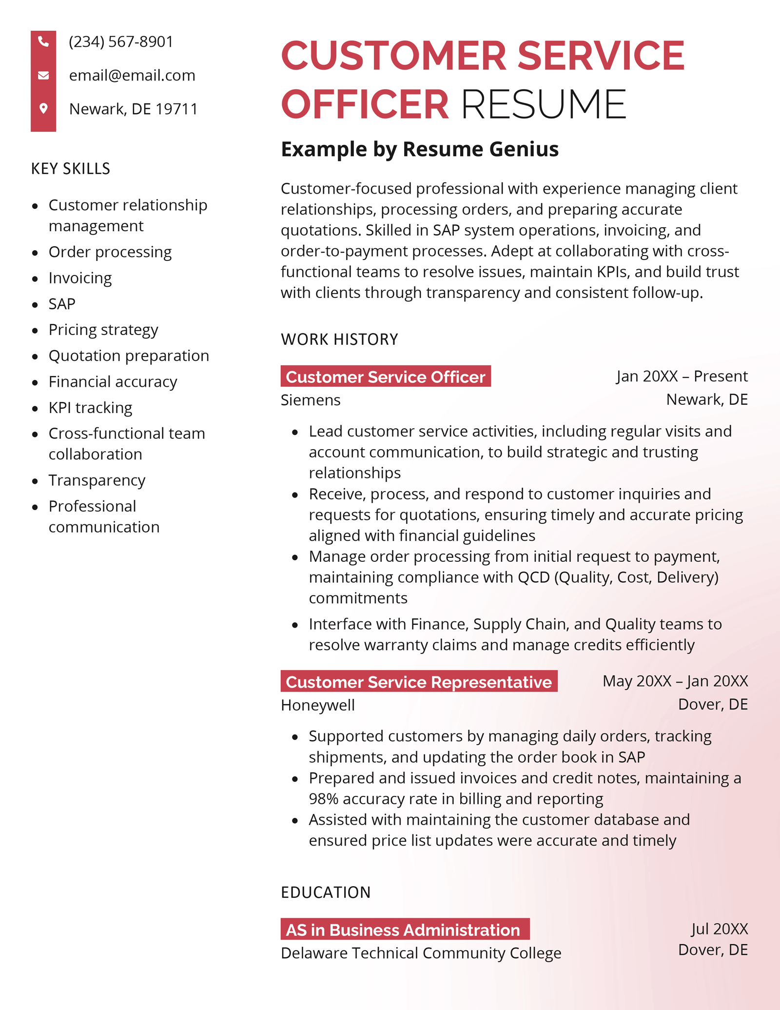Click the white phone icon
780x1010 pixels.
pos(43,42)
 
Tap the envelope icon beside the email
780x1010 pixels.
pos(43,75)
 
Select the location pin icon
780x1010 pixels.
pos(43,108)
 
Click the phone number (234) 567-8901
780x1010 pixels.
pos(121,42)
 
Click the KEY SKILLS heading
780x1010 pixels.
pos(71,169)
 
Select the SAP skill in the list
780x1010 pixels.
pos(62,304)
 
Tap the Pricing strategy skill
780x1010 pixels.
pos(103,330)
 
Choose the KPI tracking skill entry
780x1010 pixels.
pos(90,408)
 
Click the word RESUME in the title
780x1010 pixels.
pos(543,104)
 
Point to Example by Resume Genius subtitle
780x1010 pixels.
pos(419,149)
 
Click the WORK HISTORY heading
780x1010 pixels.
pos(339,339)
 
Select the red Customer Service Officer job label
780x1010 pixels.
pos(385,376)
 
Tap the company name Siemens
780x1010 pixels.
pos(311,400)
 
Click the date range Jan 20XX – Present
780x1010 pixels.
pos(681,376)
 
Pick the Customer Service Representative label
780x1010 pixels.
pos(418,681)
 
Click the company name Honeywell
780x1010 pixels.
pos(318,705)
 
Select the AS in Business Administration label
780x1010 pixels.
pos(404,930)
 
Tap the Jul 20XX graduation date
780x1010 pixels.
pos(719,929)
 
